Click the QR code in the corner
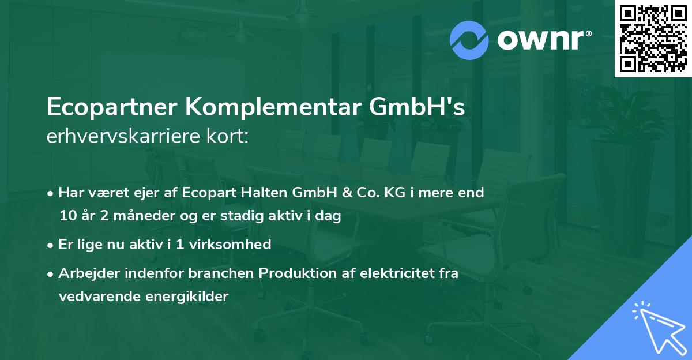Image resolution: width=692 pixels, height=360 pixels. tap(653, 39)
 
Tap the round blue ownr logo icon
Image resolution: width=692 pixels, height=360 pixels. tap(469, 40)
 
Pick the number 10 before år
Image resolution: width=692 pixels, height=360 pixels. tap(67, 216)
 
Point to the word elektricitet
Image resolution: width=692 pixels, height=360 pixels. tap(390, 273)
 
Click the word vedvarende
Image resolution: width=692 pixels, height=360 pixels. tap(92, 297)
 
